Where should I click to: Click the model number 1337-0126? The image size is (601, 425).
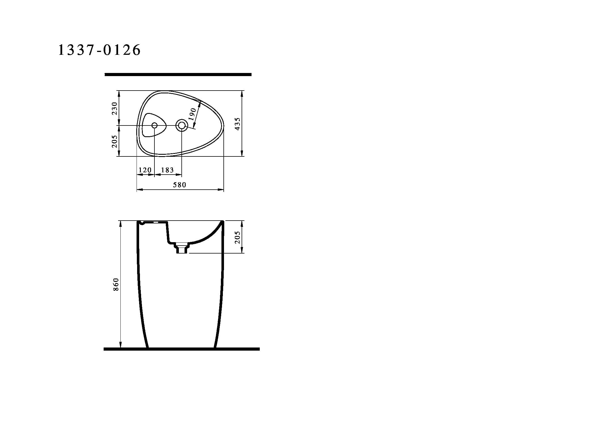99,50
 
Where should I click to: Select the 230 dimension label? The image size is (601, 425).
114,108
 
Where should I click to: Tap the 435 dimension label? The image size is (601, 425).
238,124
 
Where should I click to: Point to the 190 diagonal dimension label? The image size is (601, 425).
193,114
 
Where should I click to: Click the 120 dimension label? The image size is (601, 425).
145,170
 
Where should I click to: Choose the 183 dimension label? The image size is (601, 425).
167,170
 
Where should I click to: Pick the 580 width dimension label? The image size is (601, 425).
180,185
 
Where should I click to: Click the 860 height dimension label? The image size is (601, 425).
116,284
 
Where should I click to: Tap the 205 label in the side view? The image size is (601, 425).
238,237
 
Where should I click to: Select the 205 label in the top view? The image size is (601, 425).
114,141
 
